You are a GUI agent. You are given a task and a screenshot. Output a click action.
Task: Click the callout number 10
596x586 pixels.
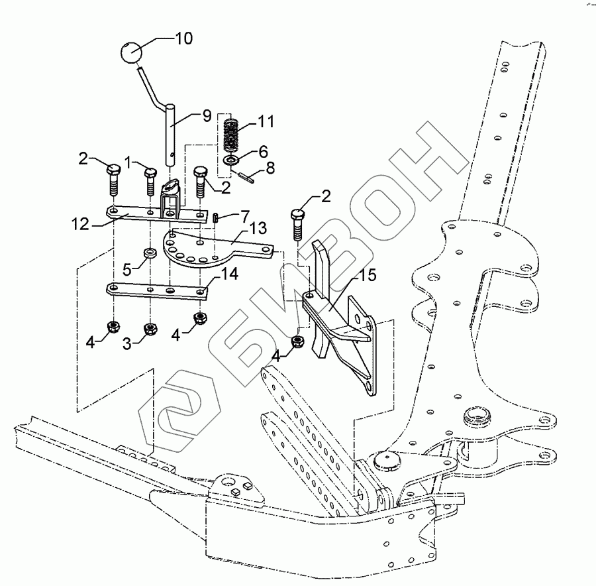click(x=183, y=38)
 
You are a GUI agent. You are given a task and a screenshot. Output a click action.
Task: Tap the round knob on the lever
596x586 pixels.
click(x=132, y=52)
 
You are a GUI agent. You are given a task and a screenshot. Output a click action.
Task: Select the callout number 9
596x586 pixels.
click(x=207, y=115)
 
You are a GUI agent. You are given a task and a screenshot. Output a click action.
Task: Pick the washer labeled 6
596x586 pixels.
click(x=231, y=160)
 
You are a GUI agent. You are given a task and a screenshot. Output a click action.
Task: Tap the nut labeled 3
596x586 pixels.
click(x=150, y=328)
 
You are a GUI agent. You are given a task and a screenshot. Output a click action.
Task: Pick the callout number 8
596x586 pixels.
click(x=270, y=169)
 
